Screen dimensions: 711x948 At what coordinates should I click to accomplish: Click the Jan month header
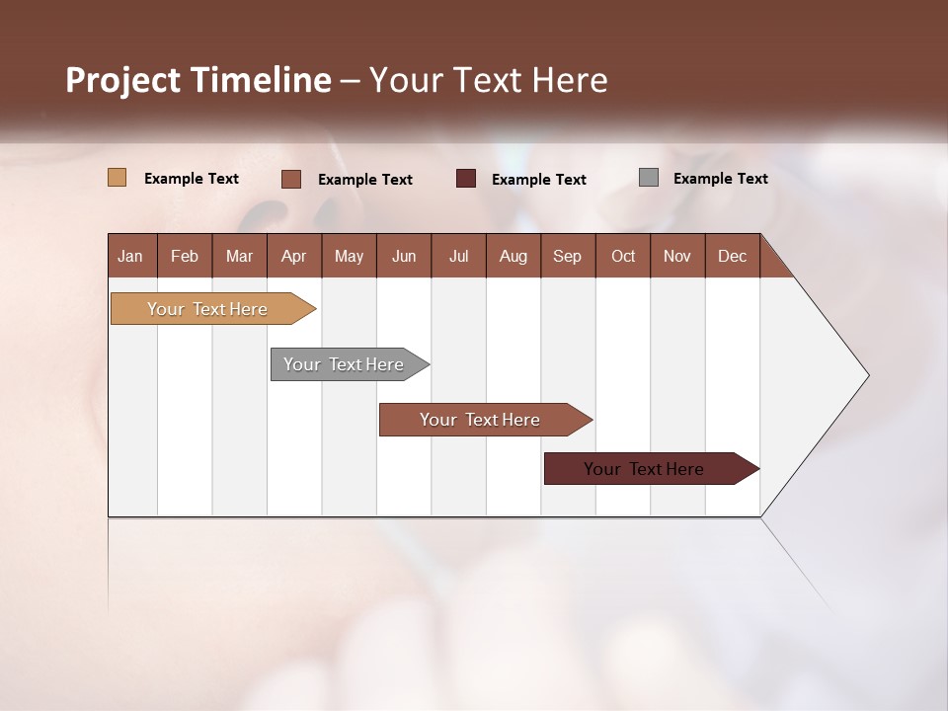[131, 256]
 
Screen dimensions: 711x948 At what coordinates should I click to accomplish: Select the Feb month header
[185, 256]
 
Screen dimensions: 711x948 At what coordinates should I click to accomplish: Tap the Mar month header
[239, 256]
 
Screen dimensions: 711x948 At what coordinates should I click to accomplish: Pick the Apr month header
[294, 256]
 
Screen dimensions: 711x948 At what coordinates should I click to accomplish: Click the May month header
[349, 256]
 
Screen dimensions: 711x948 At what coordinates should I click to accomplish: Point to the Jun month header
[404, 256]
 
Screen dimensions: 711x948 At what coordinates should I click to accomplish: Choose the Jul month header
[458, 256]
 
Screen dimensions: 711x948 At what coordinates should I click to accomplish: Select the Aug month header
[513, 256]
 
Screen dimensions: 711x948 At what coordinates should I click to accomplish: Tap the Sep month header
[568, 256]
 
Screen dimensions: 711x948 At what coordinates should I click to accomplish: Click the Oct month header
[623, 256]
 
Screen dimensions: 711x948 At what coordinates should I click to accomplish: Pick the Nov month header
[677, 256]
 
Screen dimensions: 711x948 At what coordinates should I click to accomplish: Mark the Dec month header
[733, 256]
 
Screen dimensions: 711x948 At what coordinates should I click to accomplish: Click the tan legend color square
[117, 178]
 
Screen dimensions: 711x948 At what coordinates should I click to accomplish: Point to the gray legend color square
[649, 178]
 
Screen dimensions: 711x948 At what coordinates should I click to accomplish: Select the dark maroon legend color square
[466, 179]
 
